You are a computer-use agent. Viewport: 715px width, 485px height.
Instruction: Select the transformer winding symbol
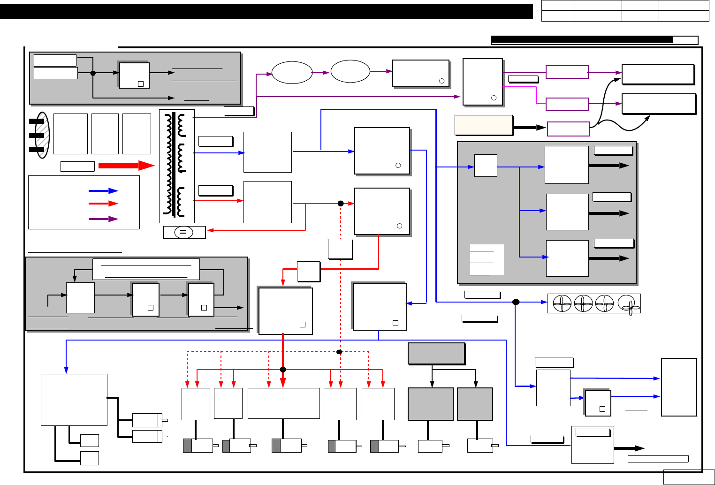click(x=177, y=166)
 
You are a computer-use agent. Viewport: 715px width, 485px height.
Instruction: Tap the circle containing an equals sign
click(x=183, y=232)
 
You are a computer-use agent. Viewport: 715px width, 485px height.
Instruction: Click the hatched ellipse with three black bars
click(x=42, y=135)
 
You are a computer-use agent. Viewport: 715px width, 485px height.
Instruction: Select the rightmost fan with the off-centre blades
click(x=629, y=304)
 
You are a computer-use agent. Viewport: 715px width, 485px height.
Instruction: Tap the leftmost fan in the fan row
click(x=562, y=303)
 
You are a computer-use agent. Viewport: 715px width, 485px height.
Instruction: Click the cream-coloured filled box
click(x=483, y=125)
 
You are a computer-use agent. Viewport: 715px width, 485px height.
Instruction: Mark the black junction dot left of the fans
click(x=516, y=302)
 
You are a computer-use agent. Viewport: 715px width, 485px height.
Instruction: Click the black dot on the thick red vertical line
click(x=283, y=370)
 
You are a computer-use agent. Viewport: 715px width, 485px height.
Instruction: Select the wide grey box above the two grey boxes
click(x=436, y=354)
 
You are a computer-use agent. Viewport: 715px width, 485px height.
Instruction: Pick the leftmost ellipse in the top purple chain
click(x=292, y=73)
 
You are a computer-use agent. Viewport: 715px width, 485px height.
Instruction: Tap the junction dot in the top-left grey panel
click(x=93, y=73)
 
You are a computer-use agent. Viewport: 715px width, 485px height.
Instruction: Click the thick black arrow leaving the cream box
click(x=529, y=127)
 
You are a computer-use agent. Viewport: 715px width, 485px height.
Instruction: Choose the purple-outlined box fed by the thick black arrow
click(x=568, y=129)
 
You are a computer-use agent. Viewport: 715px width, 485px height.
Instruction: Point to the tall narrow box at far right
click(x=679, y=387)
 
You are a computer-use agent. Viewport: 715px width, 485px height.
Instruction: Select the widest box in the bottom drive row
click(x=283, y=403)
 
